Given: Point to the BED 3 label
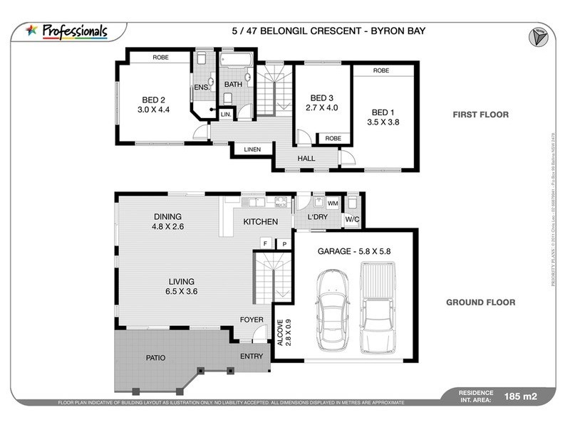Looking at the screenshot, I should [x=321, y=97].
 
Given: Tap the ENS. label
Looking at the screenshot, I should [x=200, y=88].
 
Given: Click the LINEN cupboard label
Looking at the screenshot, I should [x=252, y=149].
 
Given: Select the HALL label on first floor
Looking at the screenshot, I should [x=306, y=159].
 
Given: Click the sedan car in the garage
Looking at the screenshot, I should [x=331, y=311].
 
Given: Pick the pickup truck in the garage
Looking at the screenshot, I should [x=376, y=306].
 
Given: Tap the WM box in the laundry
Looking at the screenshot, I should [x=332, y=204].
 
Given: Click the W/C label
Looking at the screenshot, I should [x=351, y=219].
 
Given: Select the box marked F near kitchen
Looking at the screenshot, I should [x=265, y=243].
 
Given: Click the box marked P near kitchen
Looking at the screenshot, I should [x=284, y=243].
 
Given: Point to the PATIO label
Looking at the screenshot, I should [x=156, y=358].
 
